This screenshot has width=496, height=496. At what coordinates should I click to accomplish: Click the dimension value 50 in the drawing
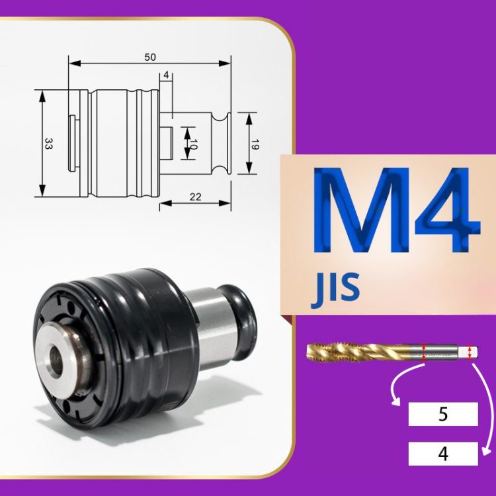pos(150,58)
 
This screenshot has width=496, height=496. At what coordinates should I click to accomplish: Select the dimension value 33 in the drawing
pos(49,144)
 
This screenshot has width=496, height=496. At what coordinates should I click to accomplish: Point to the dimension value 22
pos(196,197)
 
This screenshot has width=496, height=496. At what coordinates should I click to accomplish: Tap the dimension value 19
pos(255,144)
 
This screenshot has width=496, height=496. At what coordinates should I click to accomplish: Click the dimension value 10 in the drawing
pos(194,144)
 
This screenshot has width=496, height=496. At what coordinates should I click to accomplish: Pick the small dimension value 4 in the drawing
pos(166,75)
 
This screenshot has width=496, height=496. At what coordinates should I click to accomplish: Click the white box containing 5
pos(443,414)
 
